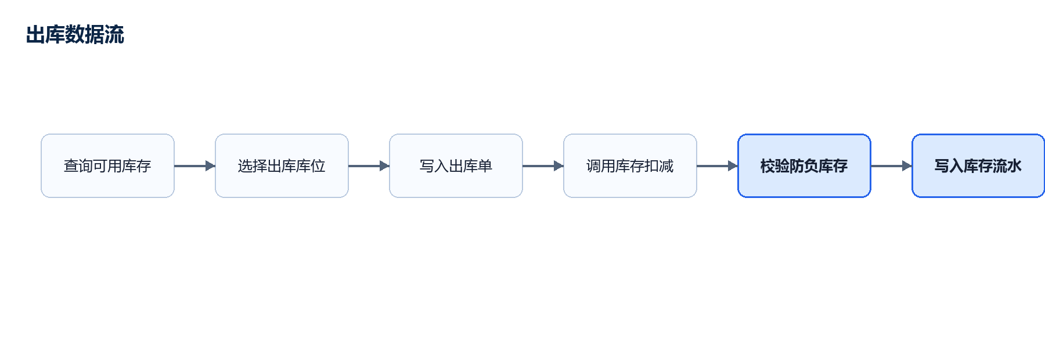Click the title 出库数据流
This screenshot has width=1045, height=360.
(75, 35)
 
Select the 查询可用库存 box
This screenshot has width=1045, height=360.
(107, 166)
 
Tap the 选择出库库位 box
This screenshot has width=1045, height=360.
(282, 166)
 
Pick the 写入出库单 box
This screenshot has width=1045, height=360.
(456, 166)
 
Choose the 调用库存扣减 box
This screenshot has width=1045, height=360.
(630, 166)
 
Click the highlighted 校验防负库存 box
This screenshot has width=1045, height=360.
(804, 166)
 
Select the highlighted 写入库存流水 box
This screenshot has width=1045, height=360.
(978, 166)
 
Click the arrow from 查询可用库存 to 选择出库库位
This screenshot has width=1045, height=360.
(194, 166)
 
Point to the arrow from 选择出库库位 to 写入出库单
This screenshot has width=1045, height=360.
(369, 166)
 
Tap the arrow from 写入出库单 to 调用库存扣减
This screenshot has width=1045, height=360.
(543, 166)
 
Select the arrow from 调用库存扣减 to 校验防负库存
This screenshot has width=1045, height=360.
(717, 166)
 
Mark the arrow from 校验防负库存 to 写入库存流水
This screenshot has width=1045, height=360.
(891, 166)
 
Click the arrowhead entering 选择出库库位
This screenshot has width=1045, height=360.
(210, 166)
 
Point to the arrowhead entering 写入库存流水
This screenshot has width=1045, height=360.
(907, 166)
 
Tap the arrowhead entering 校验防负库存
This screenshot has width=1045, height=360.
(733, 166)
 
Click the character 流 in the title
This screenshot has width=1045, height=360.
(114, 35)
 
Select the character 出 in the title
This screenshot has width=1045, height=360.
(36, 35)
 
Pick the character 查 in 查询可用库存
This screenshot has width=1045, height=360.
(71, 166)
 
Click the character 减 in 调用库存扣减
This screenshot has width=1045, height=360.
(666, 166)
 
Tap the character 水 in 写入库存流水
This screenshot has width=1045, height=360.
(1015, 166)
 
